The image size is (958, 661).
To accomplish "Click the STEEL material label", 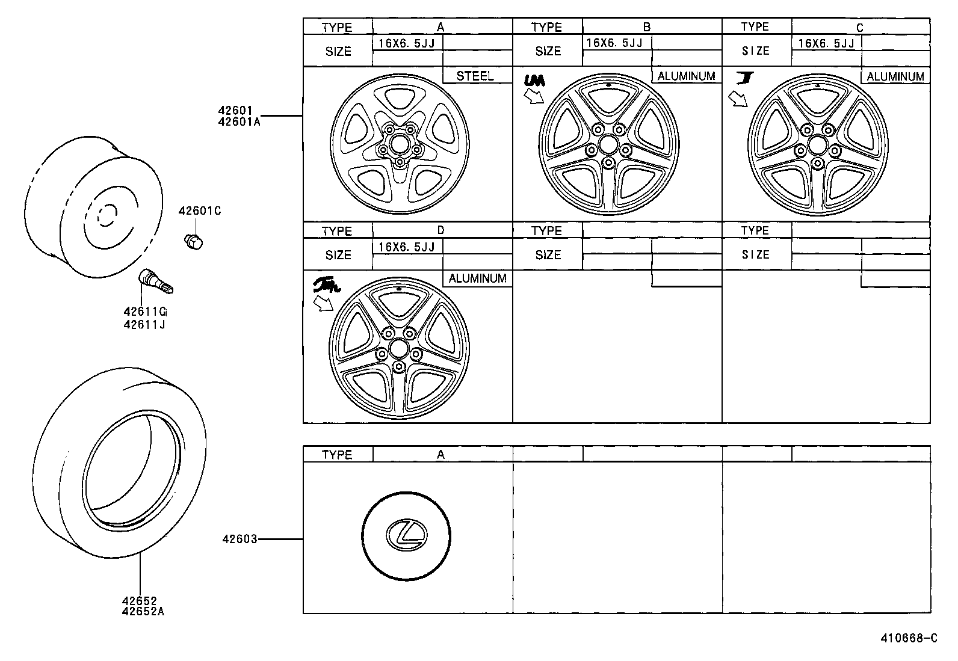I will pos(475,76).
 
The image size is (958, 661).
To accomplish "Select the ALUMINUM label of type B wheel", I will pos(686,76).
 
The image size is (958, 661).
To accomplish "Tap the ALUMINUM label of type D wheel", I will pos(477,278).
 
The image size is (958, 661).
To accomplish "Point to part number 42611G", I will pos(144,312).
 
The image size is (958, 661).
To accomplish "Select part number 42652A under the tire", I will pos(143,612).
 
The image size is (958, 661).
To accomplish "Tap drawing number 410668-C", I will pos(909,639).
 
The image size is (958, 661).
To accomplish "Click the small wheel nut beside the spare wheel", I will pos(193,241).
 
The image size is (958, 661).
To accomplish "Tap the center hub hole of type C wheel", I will pos(817,145).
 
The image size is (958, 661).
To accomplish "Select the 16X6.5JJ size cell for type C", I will pos(826,43).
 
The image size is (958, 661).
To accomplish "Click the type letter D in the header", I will pos(440,230).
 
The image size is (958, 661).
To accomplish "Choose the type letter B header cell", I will pos(647,27).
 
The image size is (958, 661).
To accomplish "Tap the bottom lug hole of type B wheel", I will pos(608,162).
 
